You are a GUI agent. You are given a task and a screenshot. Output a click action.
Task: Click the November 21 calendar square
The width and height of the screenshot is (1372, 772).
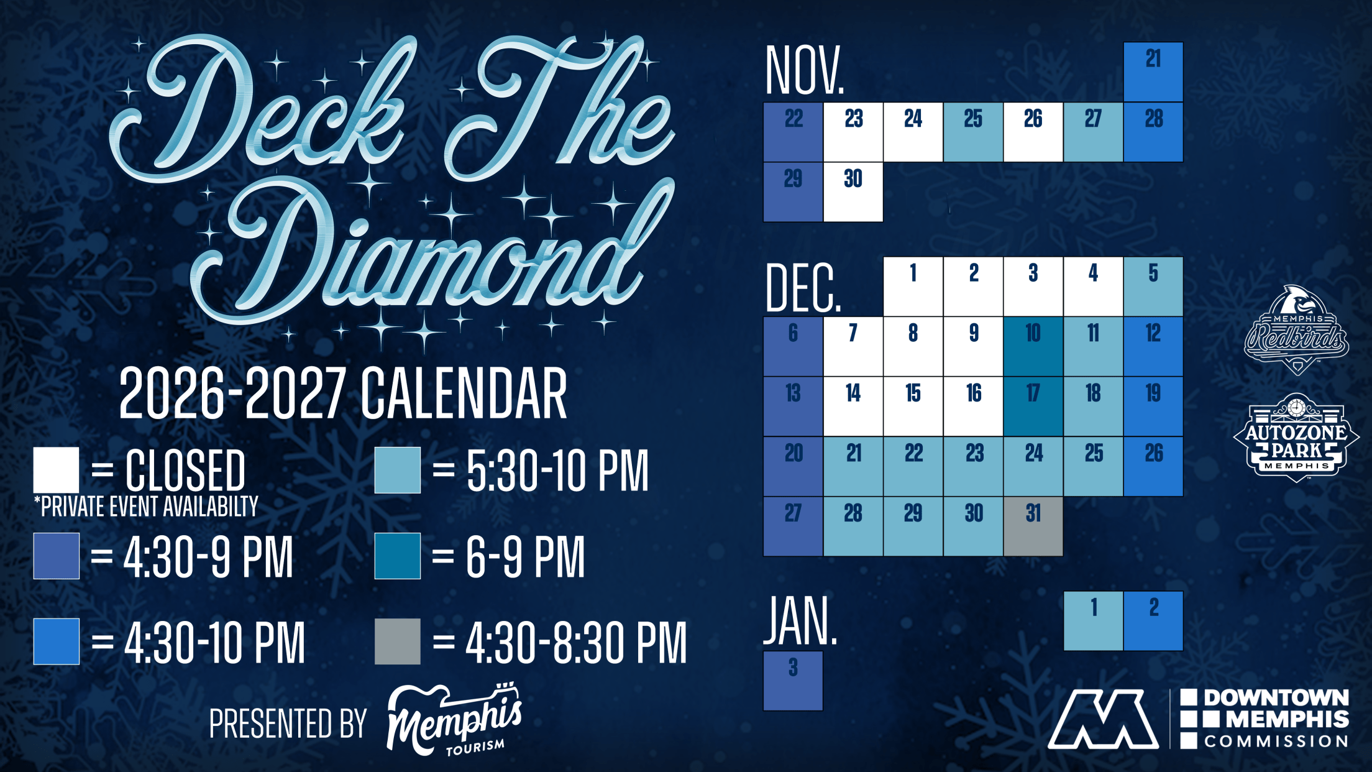[x=1153, y=72]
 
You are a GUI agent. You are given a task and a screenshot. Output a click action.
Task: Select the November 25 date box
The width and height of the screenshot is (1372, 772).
[x=973, y=132]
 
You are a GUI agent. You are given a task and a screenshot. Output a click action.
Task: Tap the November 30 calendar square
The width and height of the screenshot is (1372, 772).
[x=853, y=192]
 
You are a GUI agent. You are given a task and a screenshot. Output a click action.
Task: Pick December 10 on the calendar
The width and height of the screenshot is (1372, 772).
[x=1033, y=346]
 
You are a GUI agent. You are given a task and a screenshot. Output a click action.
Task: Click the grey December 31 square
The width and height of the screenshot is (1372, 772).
[x=1033, y=526]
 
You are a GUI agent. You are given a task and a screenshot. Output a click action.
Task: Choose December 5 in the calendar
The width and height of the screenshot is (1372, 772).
[x=1153, y=287]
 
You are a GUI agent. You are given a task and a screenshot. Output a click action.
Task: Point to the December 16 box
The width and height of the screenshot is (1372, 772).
[x=973, y=407]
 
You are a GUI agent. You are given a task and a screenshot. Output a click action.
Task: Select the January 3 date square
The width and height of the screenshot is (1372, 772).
[x=793, y=681]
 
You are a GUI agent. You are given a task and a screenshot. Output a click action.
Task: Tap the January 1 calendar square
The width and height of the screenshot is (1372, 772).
[x=1094, y=621]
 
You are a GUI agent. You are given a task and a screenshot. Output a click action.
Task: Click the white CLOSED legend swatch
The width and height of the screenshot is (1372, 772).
[x=56, y=470]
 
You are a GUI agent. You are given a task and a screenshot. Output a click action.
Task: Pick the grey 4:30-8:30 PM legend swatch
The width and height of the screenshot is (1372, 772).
[x=398, y=641]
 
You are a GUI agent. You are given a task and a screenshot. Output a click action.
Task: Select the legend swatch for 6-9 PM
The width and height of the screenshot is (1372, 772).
[x=398, y=556]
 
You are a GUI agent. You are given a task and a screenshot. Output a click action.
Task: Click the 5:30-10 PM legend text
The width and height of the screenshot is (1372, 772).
[x=557, y=471]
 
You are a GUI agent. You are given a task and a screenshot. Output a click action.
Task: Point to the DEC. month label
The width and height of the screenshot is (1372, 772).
[x=803, y=288]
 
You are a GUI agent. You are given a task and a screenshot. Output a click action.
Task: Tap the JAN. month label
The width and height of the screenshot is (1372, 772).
[x=801, y=620]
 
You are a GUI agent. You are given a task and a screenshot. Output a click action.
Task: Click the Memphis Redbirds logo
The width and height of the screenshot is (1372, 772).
[x=1296, y=330]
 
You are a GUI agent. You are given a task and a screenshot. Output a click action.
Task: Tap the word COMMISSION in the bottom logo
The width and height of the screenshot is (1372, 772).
[x=1276, y=742]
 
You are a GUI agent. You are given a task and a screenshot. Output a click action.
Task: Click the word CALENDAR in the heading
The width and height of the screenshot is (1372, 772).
[x=464, y=393]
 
